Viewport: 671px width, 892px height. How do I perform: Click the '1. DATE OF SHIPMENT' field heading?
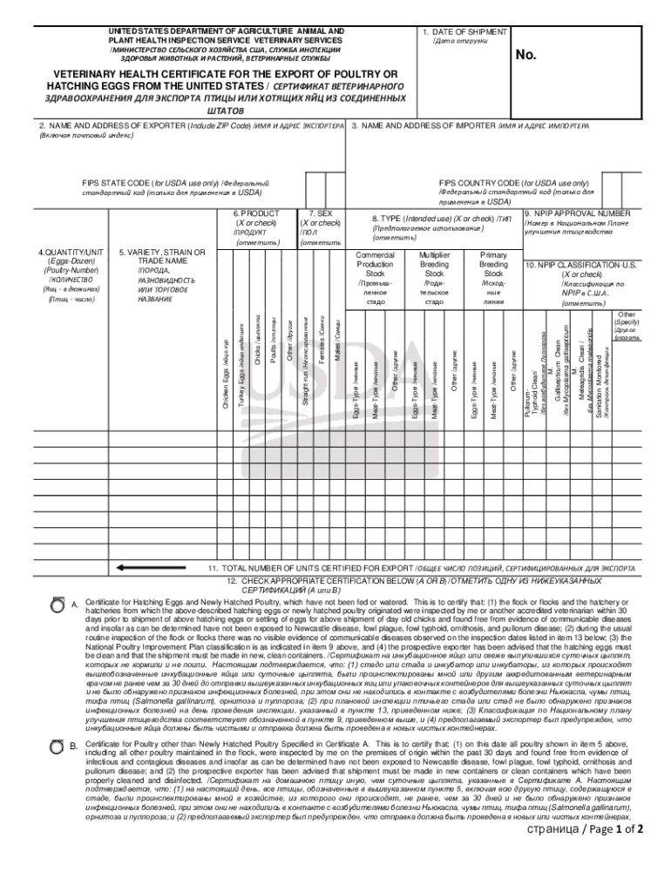457,31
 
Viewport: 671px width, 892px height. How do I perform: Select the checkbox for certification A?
57,603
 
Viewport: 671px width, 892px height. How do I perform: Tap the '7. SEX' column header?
320,213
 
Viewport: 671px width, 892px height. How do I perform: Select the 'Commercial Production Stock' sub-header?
376,264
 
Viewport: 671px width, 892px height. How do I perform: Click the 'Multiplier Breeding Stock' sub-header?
434,264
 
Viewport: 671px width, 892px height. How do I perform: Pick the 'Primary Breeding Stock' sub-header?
493,264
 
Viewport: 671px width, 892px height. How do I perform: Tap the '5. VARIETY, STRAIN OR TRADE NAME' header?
162,257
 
